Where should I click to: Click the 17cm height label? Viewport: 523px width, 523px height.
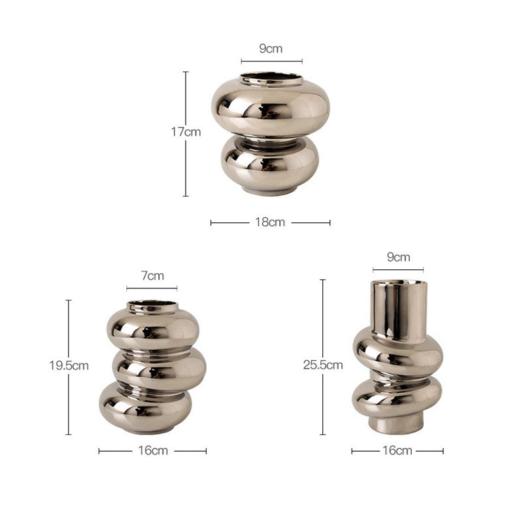point(186,132)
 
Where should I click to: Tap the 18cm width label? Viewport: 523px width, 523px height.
point(270,222)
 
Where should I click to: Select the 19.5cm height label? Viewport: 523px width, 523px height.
point(69,365)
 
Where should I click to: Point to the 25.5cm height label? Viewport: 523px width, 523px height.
point(323,365)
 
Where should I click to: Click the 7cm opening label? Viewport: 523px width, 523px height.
point(152,276)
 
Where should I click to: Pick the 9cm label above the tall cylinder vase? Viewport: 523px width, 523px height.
point(398,257)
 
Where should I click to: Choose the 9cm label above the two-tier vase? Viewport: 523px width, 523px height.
point(271,48)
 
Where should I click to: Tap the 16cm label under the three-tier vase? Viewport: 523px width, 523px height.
point(153,450)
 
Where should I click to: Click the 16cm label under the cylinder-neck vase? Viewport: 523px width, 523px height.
point(397,450)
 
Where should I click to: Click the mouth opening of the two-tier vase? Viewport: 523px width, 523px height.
point(271,76)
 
